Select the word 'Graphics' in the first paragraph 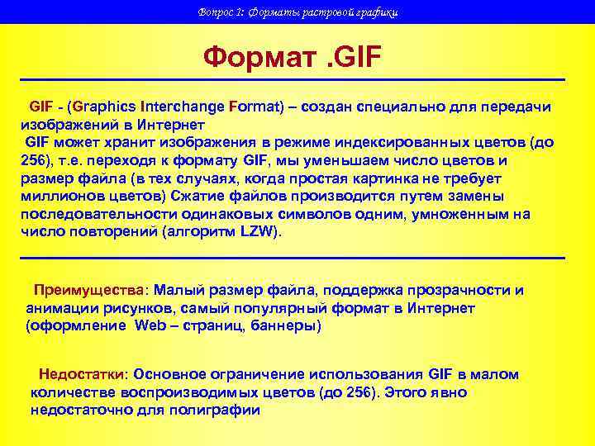point(106,107)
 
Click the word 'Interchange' point(183,107)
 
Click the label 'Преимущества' point(88,291)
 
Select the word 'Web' point(150,326)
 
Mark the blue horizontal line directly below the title point(293,79)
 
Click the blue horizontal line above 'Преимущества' point(293,259)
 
